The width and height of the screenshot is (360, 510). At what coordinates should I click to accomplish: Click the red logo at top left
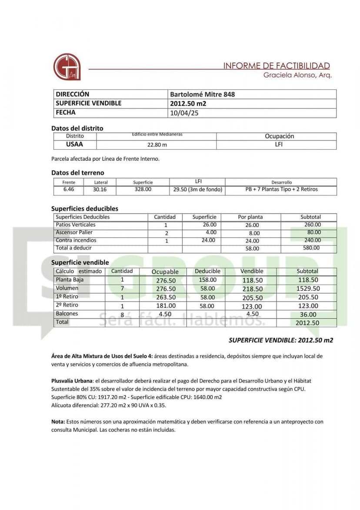click(x=67, y=67)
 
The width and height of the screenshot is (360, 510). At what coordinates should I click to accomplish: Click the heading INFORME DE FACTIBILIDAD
click(x=277, y=66)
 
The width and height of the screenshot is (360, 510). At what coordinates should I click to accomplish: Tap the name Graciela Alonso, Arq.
click(x=297, y=75)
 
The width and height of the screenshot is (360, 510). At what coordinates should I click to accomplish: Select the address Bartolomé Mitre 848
click(x=202, y=94)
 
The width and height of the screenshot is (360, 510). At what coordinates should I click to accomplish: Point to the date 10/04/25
click(x=185, y=113)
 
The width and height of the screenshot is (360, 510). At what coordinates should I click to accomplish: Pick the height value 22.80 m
click(x=157, y=144)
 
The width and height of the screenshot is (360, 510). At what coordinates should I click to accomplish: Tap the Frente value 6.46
click(x=69, y=190)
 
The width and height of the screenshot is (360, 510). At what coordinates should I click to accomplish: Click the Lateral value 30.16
click(x=100, y=190)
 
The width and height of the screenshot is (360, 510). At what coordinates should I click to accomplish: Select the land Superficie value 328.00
click(x=143, y=189)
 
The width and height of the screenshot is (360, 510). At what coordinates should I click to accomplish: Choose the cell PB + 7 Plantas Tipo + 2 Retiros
click(x=281, y=189)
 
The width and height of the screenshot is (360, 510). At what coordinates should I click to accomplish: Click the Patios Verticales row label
click(x=76, y=225)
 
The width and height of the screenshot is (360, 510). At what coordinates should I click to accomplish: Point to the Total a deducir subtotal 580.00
click(x=311, y=248)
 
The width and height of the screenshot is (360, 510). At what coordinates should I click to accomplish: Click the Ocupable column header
click(x=165, y=272)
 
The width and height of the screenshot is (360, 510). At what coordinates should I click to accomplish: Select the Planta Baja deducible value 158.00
click(x=207, y=280)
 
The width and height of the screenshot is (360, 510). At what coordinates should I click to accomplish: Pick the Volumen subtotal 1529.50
click(x=308, y=289)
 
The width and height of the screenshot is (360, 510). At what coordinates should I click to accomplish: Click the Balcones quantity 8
click(x=122, y=314)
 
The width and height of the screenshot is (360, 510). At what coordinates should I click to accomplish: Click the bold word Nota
click(x=58, y=422)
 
